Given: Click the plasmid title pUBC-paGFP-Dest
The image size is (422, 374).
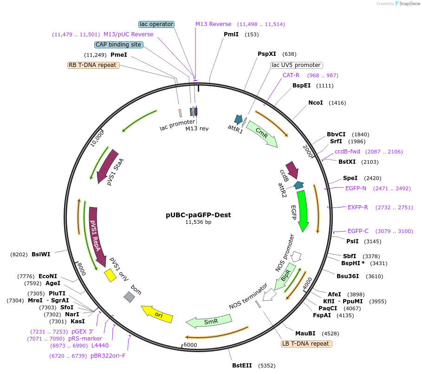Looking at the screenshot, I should click(198, 215).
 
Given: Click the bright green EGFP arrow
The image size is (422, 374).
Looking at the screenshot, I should click(303, 209).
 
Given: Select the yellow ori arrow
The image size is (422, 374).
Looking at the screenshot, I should click(157, 314).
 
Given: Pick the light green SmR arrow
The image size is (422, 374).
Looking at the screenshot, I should click(208, 321).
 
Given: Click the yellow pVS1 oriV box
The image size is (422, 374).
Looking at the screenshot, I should click(110, 275).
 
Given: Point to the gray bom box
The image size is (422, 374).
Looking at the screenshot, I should click(129, 296).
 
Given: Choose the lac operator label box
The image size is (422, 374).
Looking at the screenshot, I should click(156, 24).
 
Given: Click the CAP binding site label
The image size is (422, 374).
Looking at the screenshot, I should click(118, 45).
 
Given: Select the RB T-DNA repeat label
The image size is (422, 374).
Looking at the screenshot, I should click(93, 65).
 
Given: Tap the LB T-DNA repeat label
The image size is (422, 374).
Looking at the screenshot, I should click(306, 344).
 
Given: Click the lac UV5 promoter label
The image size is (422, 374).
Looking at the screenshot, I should click(296, 65).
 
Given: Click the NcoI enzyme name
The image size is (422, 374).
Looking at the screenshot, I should click(315, 102).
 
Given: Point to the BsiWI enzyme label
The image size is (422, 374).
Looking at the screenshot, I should click(41, 254).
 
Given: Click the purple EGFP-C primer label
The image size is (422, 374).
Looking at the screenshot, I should click(358, 231).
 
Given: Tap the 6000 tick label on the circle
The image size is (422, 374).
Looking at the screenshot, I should click(190, 345).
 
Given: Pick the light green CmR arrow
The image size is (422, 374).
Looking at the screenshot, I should click(262, 134).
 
